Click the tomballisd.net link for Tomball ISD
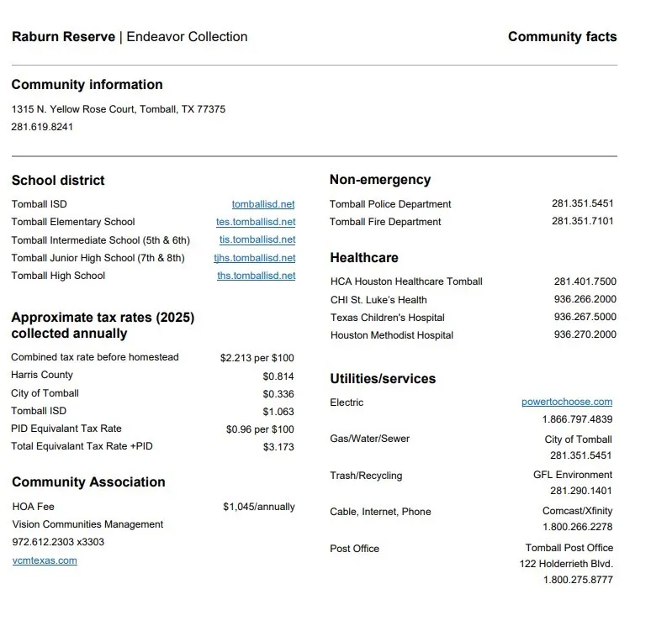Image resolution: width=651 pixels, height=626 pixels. click(x=263, y=204)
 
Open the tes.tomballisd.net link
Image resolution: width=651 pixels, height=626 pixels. click(x=256, y=222)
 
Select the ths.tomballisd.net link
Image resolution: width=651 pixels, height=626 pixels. click(x=257, y=276)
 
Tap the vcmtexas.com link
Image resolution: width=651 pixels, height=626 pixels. click(x=45, y=560)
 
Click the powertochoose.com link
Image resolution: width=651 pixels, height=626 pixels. click(x=567, y=402)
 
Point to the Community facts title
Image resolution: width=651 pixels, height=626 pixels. click(x=562, y=37)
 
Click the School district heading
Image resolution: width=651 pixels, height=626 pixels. click(x=58, y=180)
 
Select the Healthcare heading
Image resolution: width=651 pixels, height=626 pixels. click(x=364, y=258)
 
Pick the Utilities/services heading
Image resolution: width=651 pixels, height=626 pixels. click(x=383, y=379)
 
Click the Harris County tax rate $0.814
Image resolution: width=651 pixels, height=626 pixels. click(x=278, y=376)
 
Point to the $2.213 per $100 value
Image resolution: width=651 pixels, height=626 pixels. click(x=257, y=358)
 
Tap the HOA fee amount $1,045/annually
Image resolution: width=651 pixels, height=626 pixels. click(x=259, y=507)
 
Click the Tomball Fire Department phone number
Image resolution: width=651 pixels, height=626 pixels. click(x=583, y=222)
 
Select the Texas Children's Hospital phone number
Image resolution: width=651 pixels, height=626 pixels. click(x=585, y=318)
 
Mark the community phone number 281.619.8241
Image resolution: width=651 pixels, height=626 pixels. click(x=42, y=127)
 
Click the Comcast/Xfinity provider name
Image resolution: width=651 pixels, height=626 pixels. click(x=577, y=511)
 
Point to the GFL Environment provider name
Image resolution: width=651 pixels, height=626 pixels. click(x=573, y=475)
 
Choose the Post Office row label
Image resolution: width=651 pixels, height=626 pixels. click(x=354, y=549)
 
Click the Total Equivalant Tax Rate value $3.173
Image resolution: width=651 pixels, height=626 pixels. click(x=278, y=447)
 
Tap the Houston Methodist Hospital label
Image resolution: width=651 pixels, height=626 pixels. click(x=392, y=335)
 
